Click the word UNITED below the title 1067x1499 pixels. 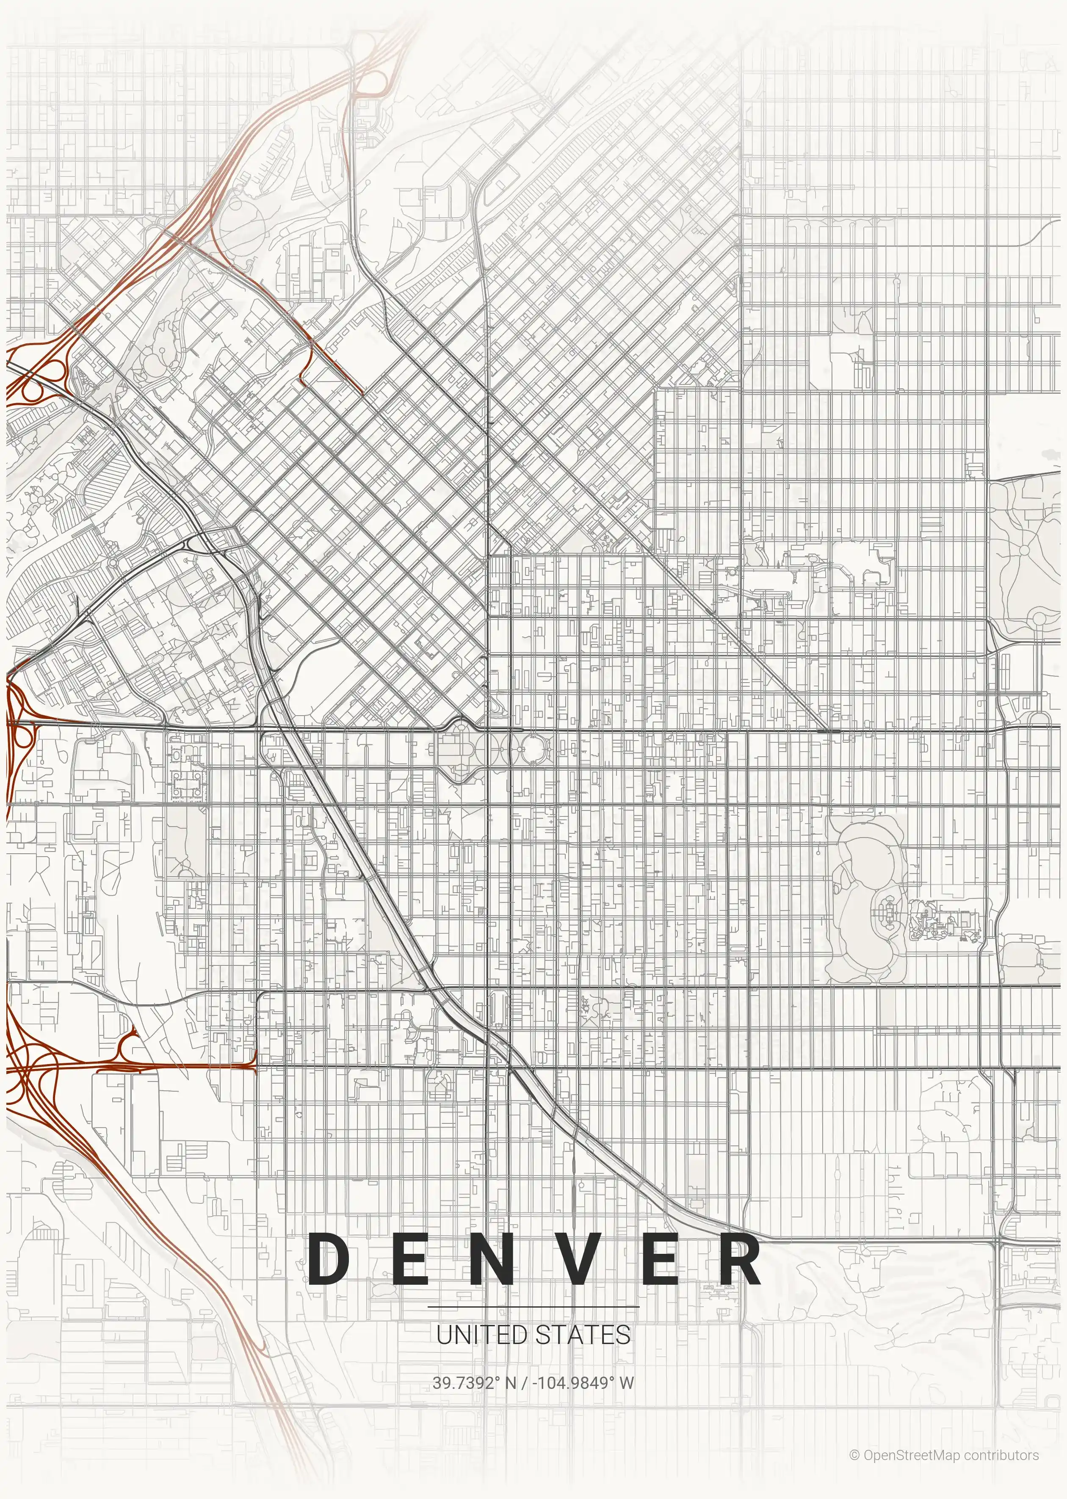(x=481, y=1335)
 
